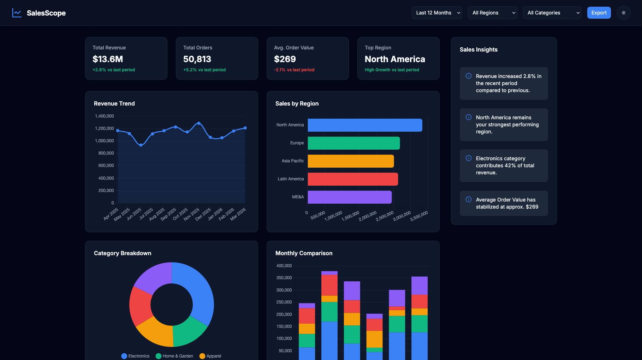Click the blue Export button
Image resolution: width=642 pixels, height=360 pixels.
(599, 13)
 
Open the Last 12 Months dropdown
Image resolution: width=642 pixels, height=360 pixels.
(436, 13)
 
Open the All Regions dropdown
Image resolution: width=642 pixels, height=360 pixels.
(492, 13)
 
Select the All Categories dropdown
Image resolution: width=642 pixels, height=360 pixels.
(552, 13)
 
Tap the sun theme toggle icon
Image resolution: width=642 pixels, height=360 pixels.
(623, 13)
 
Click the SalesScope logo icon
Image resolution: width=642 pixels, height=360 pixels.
(17, 13)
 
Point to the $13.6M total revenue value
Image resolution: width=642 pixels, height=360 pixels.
(108, 59)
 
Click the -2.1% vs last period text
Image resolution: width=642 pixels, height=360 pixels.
(294, 70)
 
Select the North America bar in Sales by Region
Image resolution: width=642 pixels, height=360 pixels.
(365, 125)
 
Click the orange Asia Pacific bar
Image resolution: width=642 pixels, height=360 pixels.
(350, 161)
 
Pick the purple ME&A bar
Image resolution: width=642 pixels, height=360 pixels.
(350, 197)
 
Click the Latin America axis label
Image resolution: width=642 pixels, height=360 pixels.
(291, 179)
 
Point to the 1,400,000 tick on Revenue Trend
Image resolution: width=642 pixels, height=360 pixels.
(105, 116)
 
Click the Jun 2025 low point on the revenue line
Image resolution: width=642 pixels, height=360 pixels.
(141, 145)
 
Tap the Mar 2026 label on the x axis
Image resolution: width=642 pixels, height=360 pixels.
(238, 214)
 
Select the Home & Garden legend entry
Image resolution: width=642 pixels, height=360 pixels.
(174, 356)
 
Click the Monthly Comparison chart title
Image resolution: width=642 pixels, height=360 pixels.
(304, 253)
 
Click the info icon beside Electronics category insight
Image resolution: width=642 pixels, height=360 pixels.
(469, 158)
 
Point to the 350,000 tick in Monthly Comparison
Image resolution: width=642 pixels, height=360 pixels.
(284, 278)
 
